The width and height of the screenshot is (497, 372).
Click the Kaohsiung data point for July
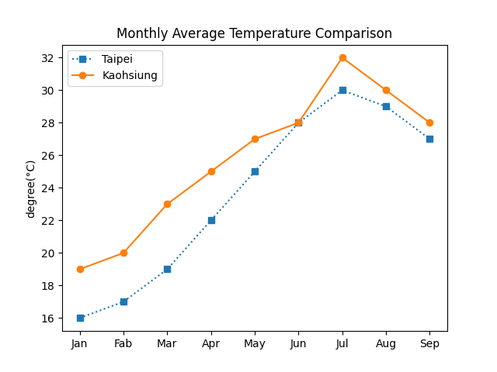point(342,58)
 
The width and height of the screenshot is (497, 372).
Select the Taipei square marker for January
point(80,318)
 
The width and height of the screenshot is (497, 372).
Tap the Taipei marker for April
point(211,220)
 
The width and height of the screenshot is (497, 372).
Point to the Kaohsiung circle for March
point(167,204)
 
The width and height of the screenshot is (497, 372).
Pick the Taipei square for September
point(429,139)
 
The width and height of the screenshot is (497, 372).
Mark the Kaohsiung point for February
point(123,253)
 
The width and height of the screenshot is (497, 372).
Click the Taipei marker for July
point(342,90)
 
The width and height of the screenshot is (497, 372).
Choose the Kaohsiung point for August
point(386,90)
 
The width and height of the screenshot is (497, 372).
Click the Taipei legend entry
point(116,59)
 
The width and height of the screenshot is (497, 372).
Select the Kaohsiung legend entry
point(130,75)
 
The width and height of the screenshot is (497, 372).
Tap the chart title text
point(254,33)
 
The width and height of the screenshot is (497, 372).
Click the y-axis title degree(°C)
point(31,188)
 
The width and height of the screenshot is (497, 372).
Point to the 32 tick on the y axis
point(47,58)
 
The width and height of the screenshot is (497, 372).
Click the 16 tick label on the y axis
point(47,318)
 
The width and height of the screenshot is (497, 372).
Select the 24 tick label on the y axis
point(47,188)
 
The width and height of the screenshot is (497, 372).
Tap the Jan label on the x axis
point(80,343)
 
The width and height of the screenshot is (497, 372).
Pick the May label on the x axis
point(255,343)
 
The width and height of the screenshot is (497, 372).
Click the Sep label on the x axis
point(429,343)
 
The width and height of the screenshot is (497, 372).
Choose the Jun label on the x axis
point(298,343)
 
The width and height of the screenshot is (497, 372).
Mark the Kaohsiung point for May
point(255,139)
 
